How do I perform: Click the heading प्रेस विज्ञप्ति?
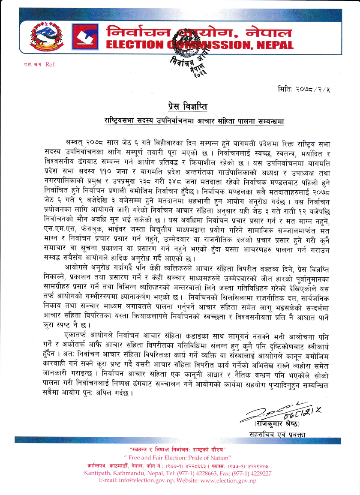tap(180, 106)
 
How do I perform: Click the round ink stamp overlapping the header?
tap(186, 51)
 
